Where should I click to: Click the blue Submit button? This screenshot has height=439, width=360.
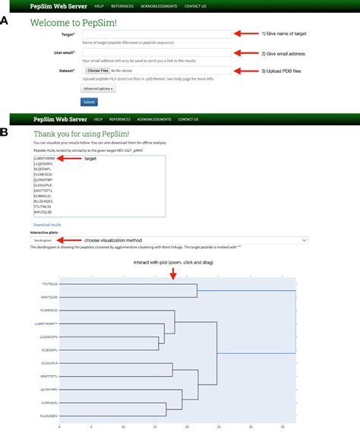88,103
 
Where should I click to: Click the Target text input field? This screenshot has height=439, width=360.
155,34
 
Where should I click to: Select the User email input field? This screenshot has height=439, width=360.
155,52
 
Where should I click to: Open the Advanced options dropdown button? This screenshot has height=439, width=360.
98,89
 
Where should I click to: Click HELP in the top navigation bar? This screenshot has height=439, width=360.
99,5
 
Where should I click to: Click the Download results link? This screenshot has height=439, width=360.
46,225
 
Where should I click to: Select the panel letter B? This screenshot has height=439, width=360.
5,132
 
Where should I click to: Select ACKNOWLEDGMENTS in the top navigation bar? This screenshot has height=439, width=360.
156,5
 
